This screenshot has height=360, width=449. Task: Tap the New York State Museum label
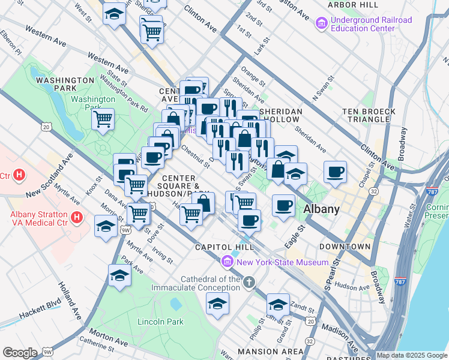(282, 262)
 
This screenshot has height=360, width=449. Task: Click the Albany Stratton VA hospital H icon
(76, 217)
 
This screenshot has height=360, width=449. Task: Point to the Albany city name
(322, 209)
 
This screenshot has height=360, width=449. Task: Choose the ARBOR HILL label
(353, 5)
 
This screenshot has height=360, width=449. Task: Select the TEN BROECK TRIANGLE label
(369, 116)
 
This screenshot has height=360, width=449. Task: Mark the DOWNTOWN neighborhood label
(345, 247)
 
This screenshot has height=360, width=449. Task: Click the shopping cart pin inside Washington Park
(103, 119)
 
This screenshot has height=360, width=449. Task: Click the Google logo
(20, 353)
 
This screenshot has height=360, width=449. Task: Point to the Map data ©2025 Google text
(412, 355)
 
